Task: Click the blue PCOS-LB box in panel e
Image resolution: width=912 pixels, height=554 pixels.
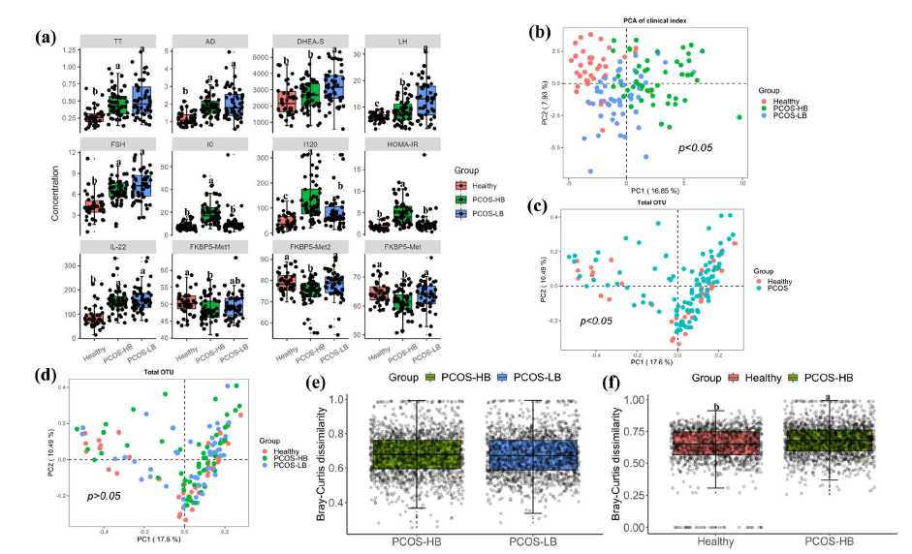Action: [531, 454]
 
